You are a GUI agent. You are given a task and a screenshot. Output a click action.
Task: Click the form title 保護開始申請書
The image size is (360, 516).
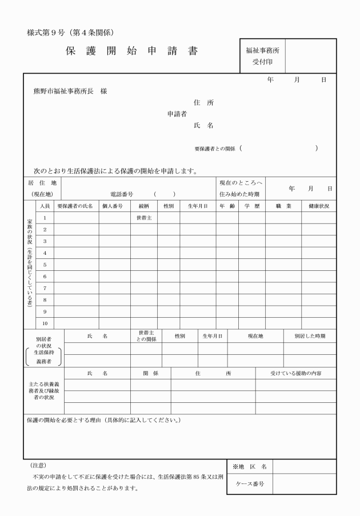132,51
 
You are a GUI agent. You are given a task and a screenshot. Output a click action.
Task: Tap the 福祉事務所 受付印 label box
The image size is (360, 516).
262,55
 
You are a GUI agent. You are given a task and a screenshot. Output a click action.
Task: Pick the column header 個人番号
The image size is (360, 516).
113,206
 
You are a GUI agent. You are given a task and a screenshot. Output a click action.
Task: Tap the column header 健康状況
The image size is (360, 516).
319,206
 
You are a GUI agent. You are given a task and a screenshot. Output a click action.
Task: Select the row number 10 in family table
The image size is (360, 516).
45,323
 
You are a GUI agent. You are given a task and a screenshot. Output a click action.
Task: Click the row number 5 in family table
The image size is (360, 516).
45,265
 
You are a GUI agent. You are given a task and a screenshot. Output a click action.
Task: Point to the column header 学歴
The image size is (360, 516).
252,206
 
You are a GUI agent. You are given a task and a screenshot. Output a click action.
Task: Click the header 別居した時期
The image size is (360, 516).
310,336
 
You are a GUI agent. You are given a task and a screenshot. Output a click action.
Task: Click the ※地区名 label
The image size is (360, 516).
250,466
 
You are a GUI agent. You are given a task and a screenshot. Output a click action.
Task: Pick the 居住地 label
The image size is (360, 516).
42,183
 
